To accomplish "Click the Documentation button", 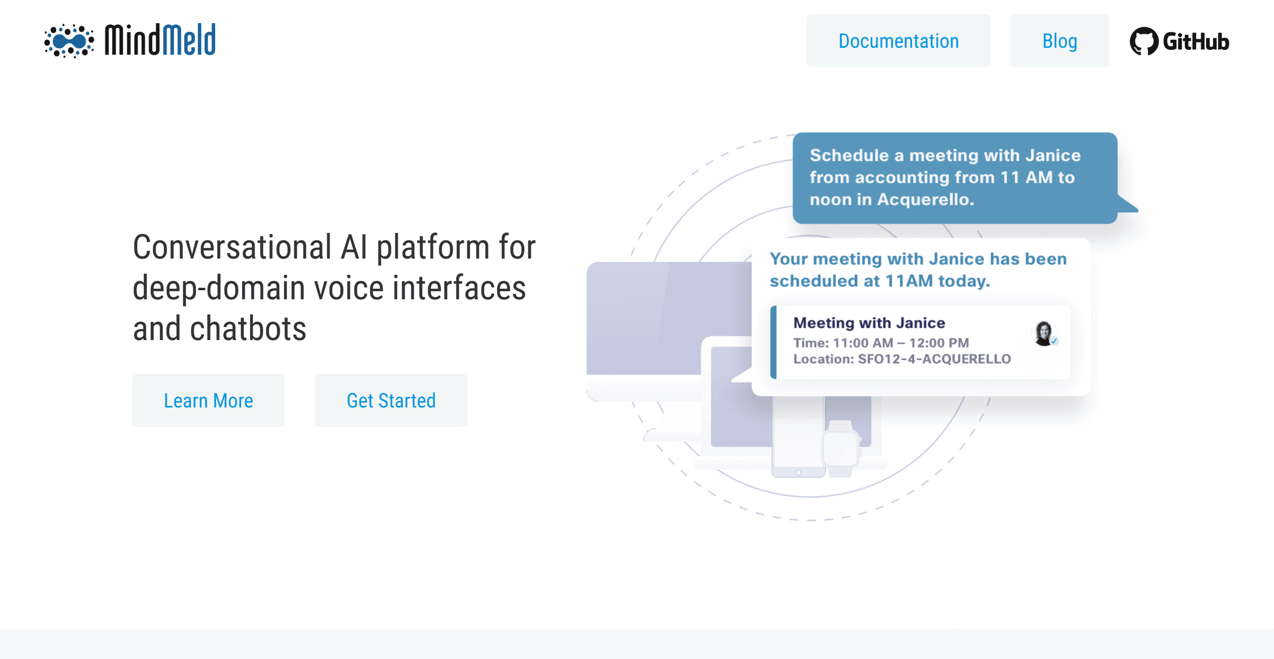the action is click(898, 41).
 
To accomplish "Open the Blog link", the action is click(1059, 41).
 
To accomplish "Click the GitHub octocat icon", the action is click(1144, 41).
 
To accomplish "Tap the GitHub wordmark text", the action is click(1196, 42).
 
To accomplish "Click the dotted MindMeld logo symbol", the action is click(69, 41).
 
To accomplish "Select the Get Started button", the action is click(391, 400).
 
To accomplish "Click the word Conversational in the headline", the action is click(232, 247).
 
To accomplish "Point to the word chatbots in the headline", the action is click(248, 328).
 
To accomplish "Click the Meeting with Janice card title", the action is click(869, 323).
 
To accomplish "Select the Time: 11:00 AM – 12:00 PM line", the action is click(881, 343).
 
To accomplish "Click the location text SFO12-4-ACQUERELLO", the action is click(934, 359).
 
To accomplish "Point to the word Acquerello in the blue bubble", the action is click(926, 200).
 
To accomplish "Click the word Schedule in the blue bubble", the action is click(849, 155).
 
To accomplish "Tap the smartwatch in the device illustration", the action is click(841, 449).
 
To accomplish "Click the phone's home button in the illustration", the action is click(798, 472).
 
